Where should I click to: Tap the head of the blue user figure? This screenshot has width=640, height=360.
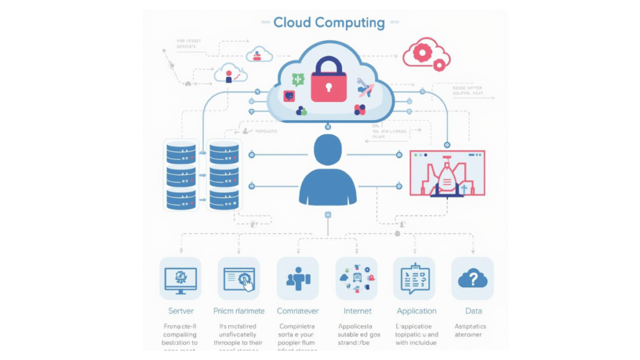tap(328, 151)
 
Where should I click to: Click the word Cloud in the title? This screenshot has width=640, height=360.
tap(292, 23)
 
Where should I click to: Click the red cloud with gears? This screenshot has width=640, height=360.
tap(425, 53)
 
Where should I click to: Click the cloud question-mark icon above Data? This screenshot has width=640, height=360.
tap(472, 279)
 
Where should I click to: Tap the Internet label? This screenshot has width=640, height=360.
tap(357, 311)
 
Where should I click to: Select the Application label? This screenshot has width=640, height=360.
tap(416, 311)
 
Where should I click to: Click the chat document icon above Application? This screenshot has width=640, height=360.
tap(414, 278)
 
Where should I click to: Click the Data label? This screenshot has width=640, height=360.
tap(473, 311)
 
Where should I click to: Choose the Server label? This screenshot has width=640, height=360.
tap(181, 311)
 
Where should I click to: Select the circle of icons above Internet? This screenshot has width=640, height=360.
tap(356, 278)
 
